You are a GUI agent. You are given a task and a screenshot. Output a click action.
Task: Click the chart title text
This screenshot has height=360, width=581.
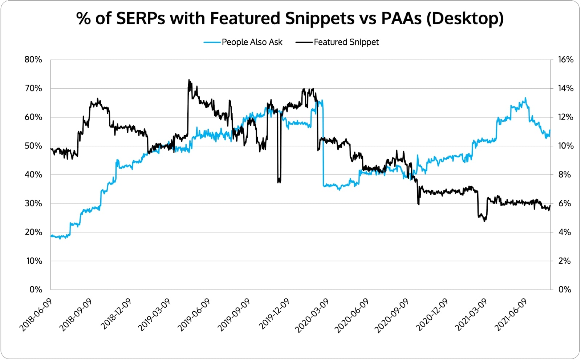[290, 18]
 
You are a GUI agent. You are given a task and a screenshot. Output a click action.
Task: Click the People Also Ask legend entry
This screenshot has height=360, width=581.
[252, 42]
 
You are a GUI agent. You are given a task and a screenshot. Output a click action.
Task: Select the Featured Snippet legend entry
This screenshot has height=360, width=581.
[346, 42]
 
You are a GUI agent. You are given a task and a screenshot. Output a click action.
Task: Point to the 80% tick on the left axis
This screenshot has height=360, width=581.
[33, 60]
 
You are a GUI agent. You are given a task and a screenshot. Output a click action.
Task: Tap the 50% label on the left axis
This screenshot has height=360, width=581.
[33, 146]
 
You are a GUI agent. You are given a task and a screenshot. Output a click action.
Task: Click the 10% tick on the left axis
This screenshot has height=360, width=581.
[34, 261]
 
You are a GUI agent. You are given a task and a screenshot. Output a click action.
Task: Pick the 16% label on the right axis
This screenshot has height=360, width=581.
[566, 60]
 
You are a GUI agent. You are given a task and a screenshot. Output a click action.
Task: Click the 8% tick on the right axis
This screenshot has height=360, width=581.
[564, 175]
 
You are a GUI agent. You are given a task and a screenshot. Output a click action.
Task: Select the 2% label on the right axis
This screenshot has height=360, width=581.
[564, 261]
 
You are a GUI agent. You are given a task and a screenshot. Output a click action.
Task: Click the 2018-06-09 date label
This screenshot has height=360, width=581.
[36, 315]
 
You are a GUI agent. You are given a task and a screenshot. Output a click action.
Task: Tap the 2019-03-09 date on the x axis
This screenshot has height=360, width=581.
[154, 315]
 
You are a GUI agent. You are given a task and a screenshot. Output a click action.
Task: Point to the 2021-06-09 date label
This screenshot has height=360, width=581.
[511, 315]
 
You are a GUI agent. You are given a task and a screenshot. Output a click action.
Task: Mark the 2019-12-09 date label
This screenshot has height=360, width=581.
[274, 315]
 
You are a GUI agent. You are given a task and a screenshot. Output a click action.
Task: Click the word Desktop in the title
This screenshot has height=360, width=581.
[465, 18]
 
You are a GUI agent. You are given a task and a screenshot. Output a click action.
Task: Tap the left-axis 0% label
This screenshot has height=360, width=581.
[36, 290]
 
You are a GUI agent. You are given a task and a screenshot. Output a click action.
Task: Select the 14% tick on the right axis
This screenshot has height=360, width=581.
[566, 88]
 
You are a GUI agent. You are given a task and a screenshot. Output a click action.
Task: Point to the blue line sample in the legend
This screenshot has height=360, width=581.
[212, 42]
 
